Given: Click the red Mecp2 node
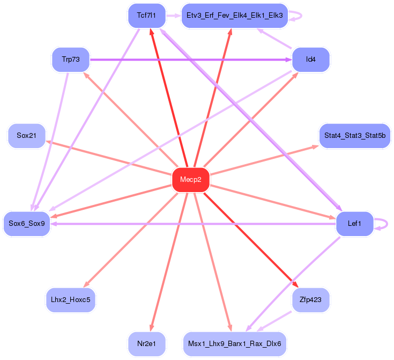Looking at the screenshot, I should tap(191, 180).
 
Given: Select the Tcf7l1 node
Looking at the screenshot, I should tap(146, 16).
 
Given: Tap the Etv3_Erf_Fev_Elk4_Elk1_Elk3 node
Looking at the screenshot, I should tap(235, 16).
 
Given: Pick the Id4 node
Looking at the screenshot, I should tap(311, 60).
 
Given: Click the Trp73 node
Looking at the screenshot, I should tap(71, 60).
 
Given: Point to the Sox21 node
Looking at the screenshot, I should tap(26, 136).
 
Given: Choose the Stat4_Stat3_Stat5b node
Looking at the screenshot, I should tap(355, 136).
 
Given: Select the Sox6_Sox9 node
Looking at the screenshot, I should tap(26, 224).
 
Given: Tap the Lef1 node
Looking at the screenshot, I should tap(354, 224).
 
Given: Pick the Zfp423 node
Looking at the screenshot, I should tap(311, 300).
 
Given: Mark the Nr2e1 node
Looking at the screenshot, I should tap(146, 344).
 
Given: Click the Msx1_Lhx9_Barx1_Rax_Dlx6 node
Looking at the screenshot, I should tap(235, 344).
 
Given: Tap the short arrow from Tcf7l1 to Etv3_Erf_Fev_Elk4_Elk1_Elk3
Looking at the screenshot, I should tap(173, 16).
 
